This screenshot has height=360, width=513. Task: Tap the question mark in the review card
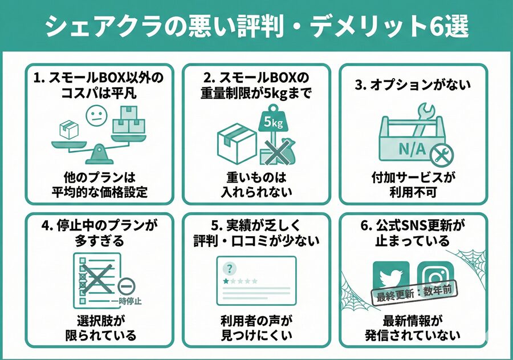pyautogui.click(x=230, y=268)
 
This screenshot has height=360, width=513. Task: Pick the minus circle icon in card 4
pyautogui.click(x=126, y=285)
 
